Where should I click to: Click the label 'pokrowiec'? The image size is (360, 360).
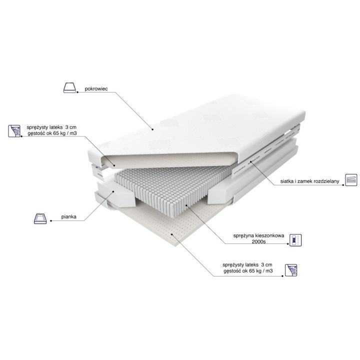tap(96, 88)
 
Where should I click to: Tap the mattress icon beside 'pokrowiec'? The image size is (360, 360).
tap(69, 87)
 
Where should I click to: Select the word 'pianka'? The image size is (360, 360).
tap(68, 216)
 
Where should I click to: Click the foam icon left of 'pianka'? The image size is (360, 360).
tap(40, 218)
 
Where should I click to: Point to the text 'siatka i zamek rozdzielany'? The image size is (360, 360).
tap(309, 181)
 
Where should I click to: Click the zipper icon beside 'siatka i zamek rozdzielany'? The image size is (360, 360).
tap(351, 180)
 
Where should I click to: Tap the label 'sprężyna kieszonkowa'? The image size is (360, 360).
tap(258, 235)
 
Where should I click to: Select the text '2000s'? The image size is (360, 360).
tap(258, 241)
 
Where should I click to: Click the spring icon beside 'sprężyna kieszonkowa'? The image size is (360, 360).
tap(295, 240)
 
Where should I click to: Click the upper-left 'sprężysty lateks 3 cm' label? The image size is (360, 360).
tap(51, 127)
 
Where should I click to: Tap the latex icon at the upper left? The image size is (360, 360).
tap(14, 131)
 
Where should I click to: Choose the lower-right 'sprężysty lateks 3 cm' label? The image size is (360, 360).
tap(247, 265)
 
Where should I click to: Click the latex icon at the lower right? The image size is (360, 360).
tap(291, 270)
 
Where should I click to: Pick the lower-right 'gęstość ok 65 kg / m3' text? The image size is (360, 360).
tap(248, 271)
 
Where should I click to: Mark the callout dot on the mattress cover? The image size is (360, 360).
tap(152, 129)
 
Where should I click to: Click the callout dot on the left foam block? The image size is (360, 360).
tap(113, 191)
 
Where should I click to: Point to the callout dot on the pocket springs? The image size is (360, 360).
tap(185, 205)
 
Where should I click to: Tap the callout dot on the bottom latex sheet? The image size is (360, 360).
tap(171, 234)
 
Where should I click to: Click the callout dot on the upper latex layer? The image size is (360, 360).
tap(114, 165)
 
